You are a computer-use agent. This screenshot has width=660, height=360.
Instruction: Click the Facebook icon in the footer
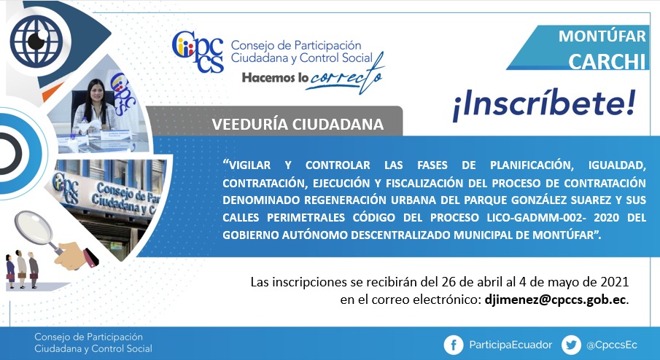point(454,345)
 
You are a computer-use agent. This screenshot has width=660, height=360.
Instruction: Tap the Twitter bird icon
point(571,345)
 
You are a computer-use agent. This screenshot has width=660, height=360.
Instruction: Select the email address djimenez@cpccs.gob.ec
point(555,300)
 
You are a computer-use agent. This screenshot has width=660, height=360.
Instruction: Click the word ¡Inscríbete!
point(544,105)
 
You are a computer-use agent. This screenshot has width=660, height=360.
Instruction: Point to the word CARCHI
point(607,62)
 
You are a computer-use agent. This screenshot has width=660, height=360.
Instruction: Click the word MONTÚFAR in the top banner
point(602,36)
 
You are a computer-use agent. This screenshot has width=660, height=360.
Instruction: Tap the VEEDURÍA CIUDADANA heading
point(298,124)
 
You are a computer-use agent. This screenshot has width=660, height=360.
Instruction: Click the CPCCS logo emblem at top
point(198,51)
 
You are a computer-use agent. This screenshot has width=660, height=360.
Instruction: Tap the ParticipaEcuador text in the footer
point(510,345)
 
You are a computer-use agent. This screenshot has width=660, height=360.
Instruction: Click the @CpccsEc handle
point(612,345)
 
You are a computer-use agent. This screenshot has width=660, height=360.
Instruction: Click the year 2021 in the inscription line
point(614,281)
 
